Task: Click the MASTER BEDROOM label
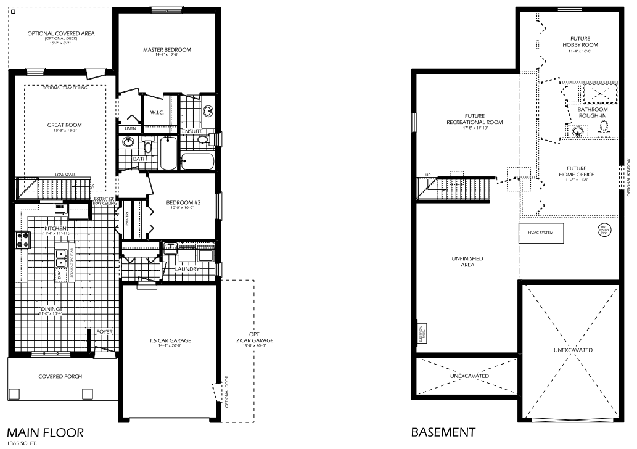[x=166, y=50]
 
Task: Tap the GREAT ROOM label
[x=65, y=125]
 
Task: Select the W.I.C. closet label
[x=155, y=112]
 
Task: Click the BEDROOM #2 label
[x=180, y=202]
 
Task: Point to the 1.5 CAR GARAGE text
[x=170, y=340]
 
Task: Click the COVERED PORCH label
[x=60, y=376]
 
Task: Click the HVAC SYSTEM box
[x=541, y=233]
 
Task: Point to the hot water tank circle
[x=604, y=230]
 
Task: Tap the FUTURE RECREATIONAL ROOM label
[x=474, y=119]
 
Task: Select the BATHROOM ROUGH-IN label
[x=593, y=113]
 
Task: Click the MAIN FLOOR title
[x=42, y=432]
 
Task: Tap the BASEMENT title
[x=443, y=432]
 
